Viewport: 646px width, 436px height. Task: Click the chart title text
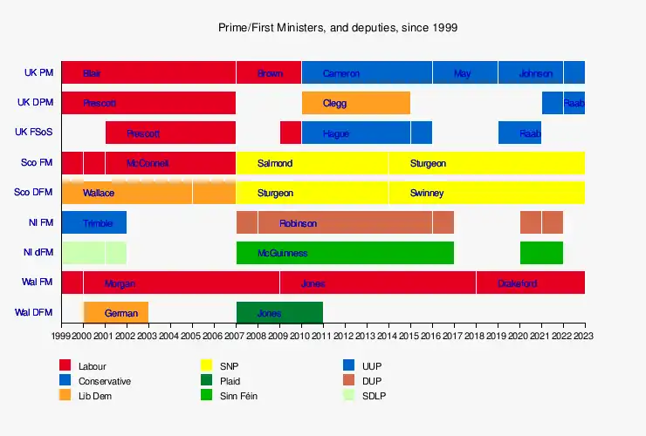pyautogui.click(x=338, y=28)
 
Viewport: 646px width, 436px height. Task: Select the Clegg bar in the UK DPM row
pyautogui.click(x=356, y=103)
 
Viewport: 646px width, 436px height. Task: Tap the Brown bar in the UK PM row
pyautogui.click(x=269, y=73)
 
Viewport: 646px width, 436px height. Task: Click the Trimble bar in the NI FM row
pyautogui.click(x=94, y=223)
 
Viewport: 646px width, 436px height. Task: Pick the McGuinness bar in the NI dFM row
pyautogui.click(x=345, y=253)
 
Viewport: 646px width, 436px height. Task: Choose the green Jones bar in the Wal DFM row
pyautogui.click(x=279, y=312)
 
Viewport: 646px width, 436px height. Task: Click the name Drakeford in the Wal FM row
pyautogui.click(x=517, y=283)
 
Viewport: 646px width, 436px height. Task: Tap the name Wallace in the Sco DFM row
pyautogui.click(x=99, y=193)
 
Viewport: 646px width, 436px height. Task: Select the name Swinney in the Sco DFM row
pyautogui.click(x=427, y=193)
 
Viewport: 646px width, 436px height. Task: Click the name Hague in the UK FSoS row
pyautogui.click(x=336, y=133)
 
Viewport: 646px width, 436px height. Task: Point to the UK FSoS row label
pyautogui.click(x=34, y=133)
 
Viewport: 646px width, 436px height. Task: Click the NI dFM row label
pyautogui.click(x=38, y=253)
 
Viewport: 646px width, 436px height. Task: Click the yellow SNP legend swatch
pyautogui.click(x=207, y=365)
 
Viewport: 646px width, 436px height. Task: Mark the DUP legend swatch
pyautogui.click(x=348, y=380)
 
